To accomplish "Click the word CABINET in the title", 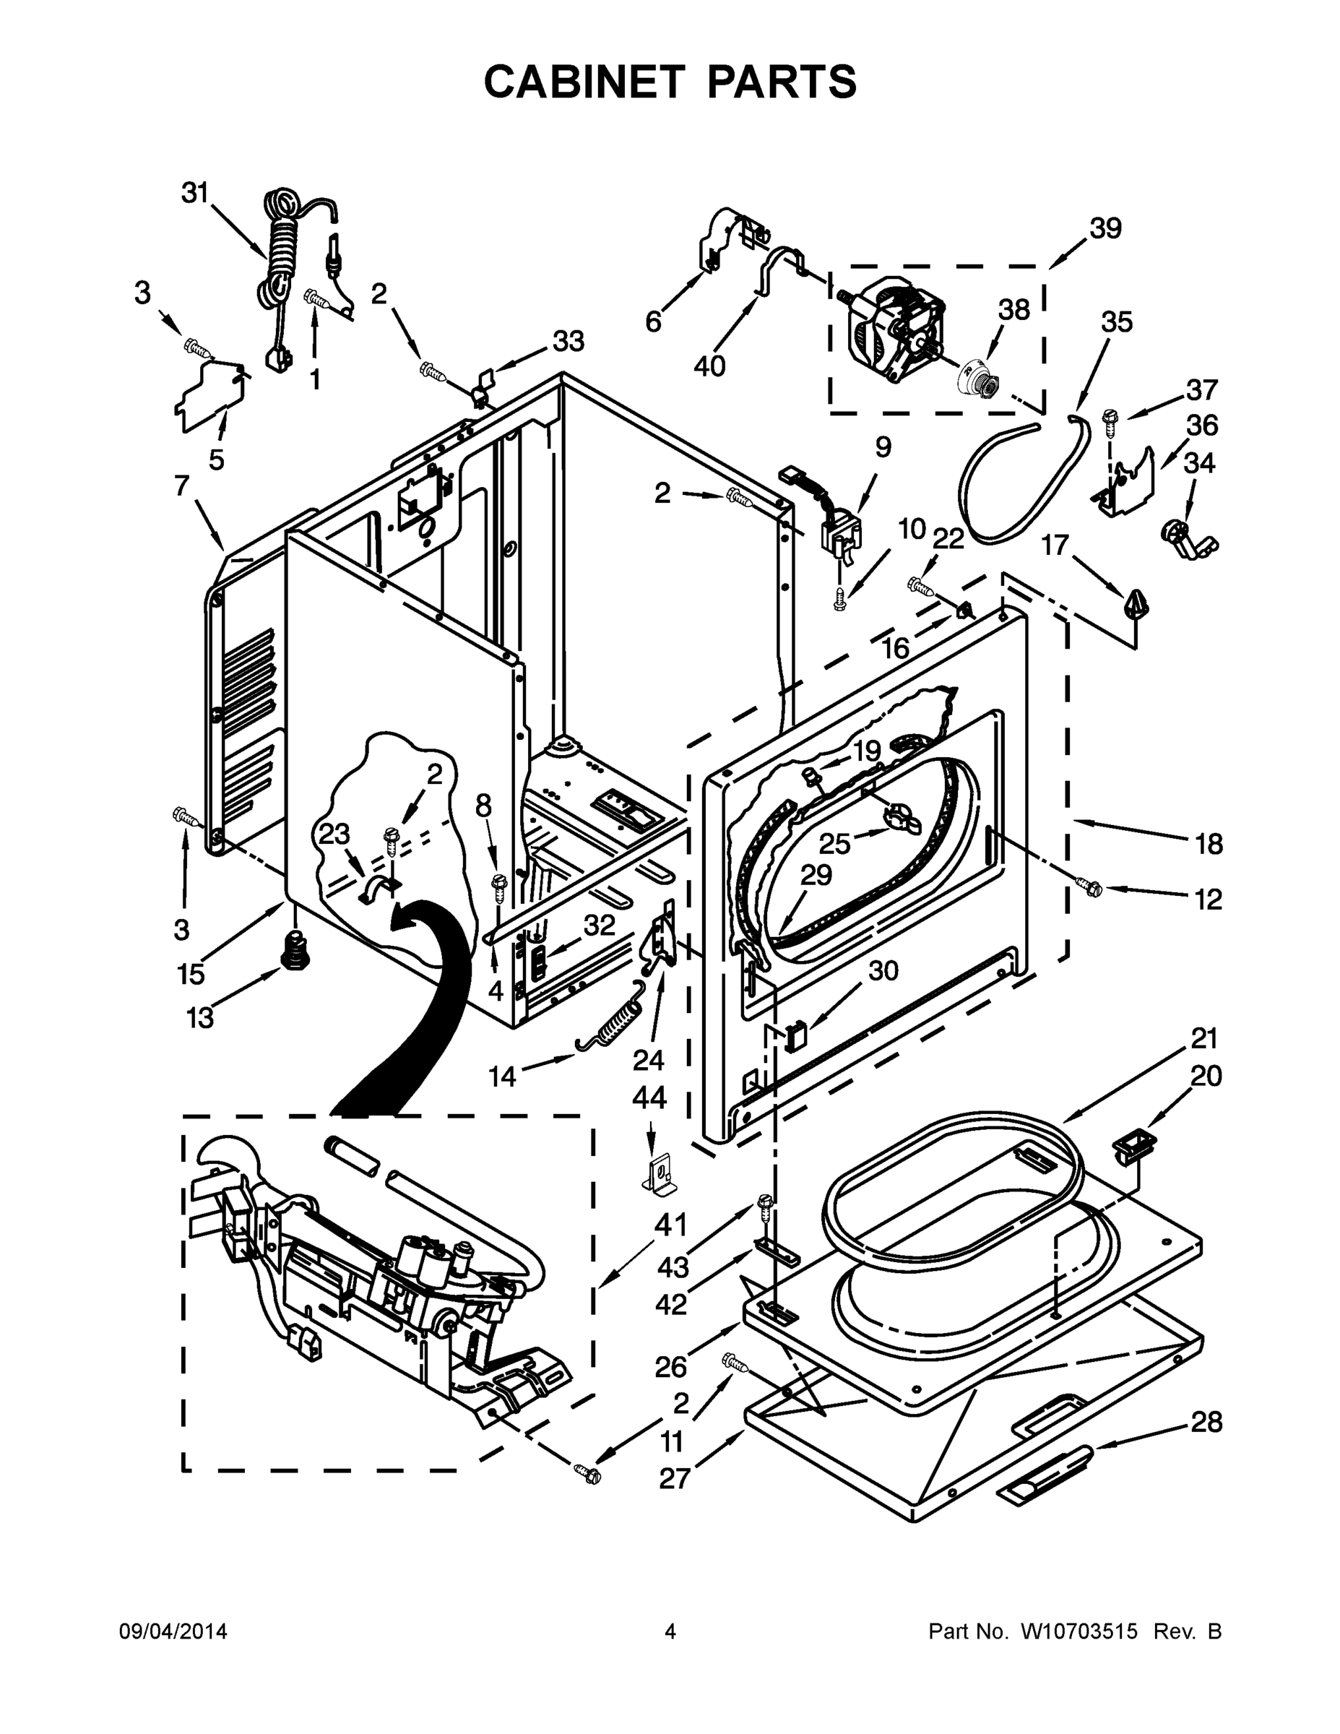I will [584, 82].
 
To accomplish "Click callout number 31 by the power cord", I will [194, 193].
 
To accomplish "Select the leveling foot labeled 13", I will [295, 949].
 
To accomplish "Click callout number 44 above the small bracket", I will [649, 1098].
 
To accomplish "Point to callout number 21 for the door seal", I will [1203, 1038].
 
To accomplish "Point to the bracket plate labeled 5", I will [209, 397].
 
